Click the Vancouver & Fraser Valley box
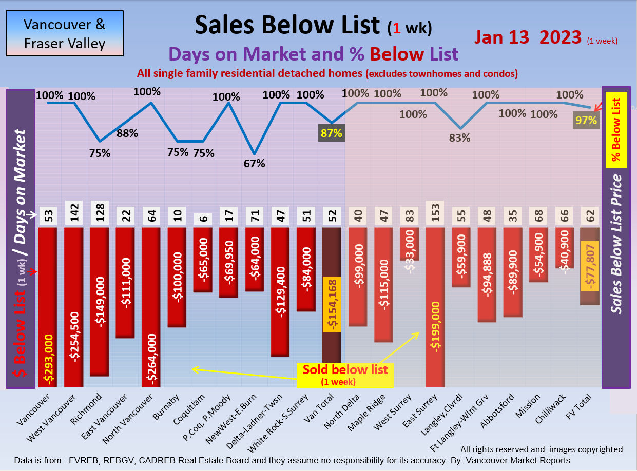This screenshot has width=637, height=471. pos(65,33)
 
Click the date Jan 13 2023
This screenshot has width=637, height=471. pos(528,37)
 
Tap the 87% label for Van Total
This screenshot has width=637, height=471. pos(331,133)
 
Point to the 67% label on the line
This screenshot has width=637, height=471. pos(254,163)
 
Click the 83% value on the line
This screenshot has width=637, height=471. pos(460,138)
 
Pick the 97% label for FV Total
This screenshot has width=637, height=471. pos(586,121)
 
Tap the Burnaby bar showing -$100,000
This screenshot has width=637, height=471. pos(177,277)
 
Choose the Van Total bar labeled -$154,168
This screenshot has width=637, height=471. pos(332,303)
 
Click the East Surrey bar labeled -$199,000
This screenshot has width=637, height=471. pos(435,308)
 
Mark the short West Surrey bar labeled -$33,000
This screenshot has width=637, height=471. pos(409,244)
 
